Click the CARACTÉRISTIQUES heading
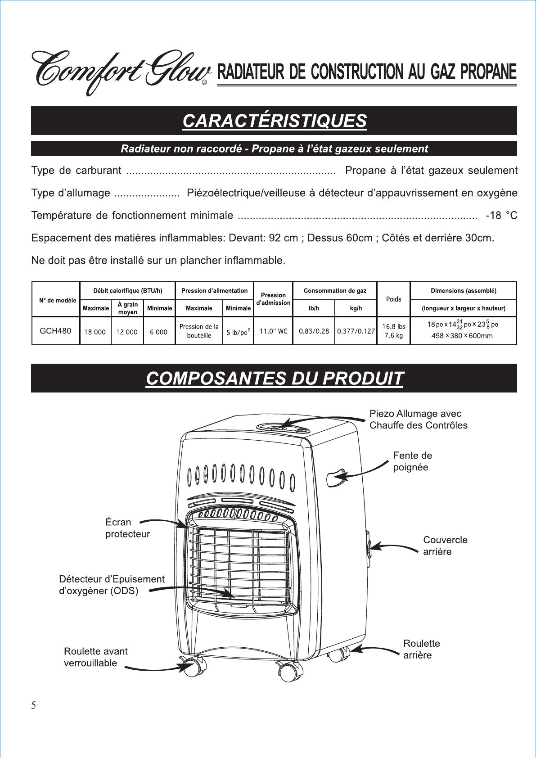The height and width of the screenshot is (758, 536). [274, 121]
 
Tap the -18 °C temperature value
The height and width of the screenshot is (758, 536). [501, 216]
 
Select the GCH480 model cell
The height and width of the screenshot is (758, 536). [55, 331]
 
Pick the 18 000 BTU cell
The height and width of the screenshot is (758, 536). [95, 332]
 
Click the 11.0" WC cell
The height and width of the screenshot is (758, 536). [273, 331]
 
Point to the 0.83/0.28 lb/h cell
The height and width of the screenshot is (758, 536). [314, 331]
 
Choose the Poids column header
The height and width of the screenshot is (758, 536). [393, 299]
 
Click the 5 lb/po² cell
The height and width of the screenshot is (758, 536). [238, 332]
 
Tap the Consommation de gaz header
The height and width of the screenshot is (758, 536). [335, 291]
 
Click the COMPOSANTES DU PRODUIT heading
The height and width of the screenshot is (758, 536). [274, 379]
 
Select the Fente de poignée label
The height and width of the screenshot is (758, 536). [412, 461]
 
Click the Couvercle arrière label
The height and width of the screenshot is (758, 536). [445, 546]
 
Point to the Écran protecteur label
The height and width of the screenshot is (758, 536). [127, 528]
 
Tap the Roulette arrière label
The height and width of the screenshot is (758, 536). [421, 649]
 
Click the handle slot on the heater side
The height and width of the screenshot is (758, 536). [336, 478]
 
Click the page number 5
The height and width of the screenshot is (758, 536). [34, 706]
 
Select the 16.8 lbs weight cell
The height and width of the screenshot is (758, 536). [393, 327]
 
